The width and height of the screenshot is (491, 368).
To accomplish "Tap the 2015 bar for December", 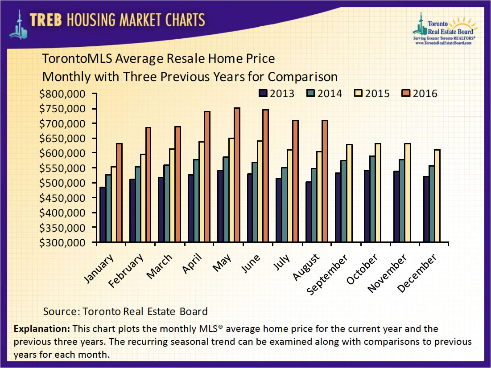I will point(437,196).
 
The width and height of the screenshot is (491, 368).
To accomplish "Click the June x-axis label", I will point(250,266).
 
